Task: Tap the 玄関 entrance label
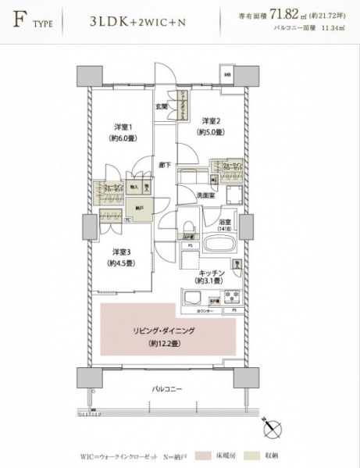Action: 161,106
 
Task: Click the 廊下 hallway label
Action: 164,165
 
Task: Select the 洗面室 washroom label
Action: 205,195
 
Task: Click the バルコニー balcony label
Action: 167,388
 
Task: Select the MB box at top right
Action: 228,74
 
